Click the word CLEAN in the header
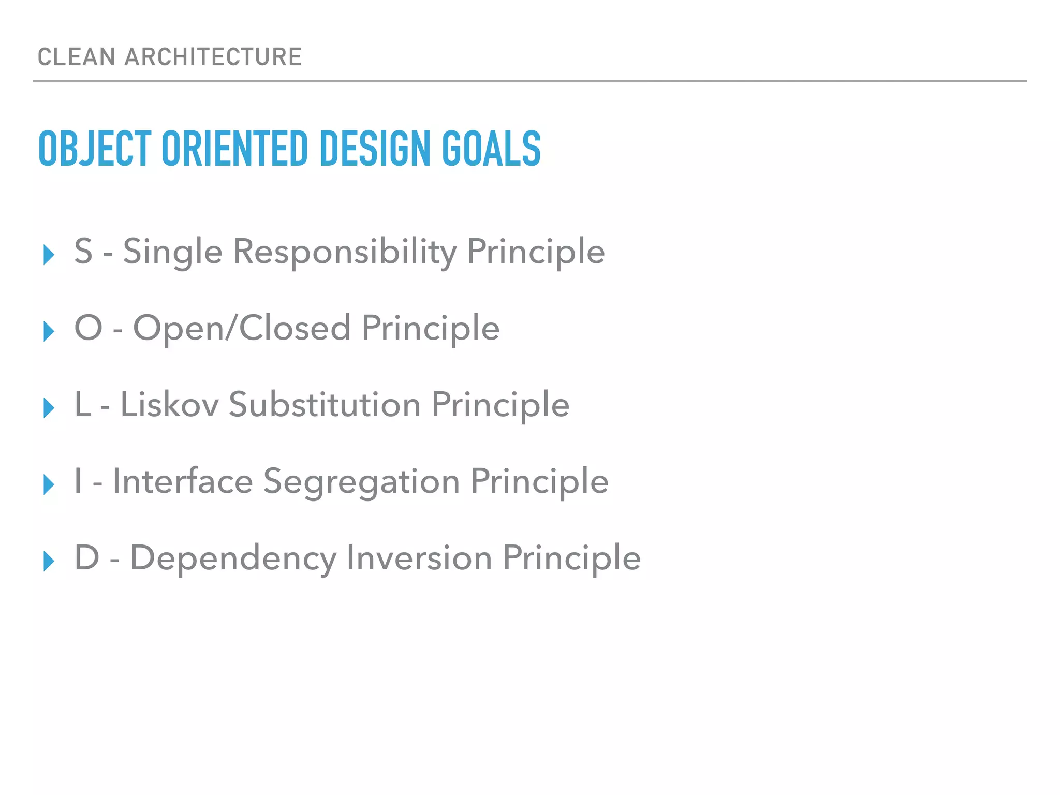pyautogui.click(x=76, y=57)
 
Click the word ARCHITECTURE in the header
pyautogui.click(x=213, y=57)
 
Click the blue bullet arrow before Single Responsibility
pyautogui.click(x=49, y=255)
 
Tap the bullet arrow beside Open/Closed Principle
pyautogui.click(x=49, y=331)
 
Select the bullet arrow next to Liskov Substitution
pyautogui.click(x=49, y=408)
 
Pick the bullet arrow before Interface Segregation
pyautogui.click(x=49, y=484)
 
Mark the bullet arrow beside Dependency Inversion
pyautogui.click(x=49, y=561)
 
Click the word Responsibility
pyautogui.click(x=345, y=252)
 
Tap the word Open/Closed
pyautogui.click(x=242, y=328)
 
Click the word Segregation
pyautogui.click(x=361, y=482)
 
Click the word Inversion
pyautogui.click(x=419, y=558)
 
